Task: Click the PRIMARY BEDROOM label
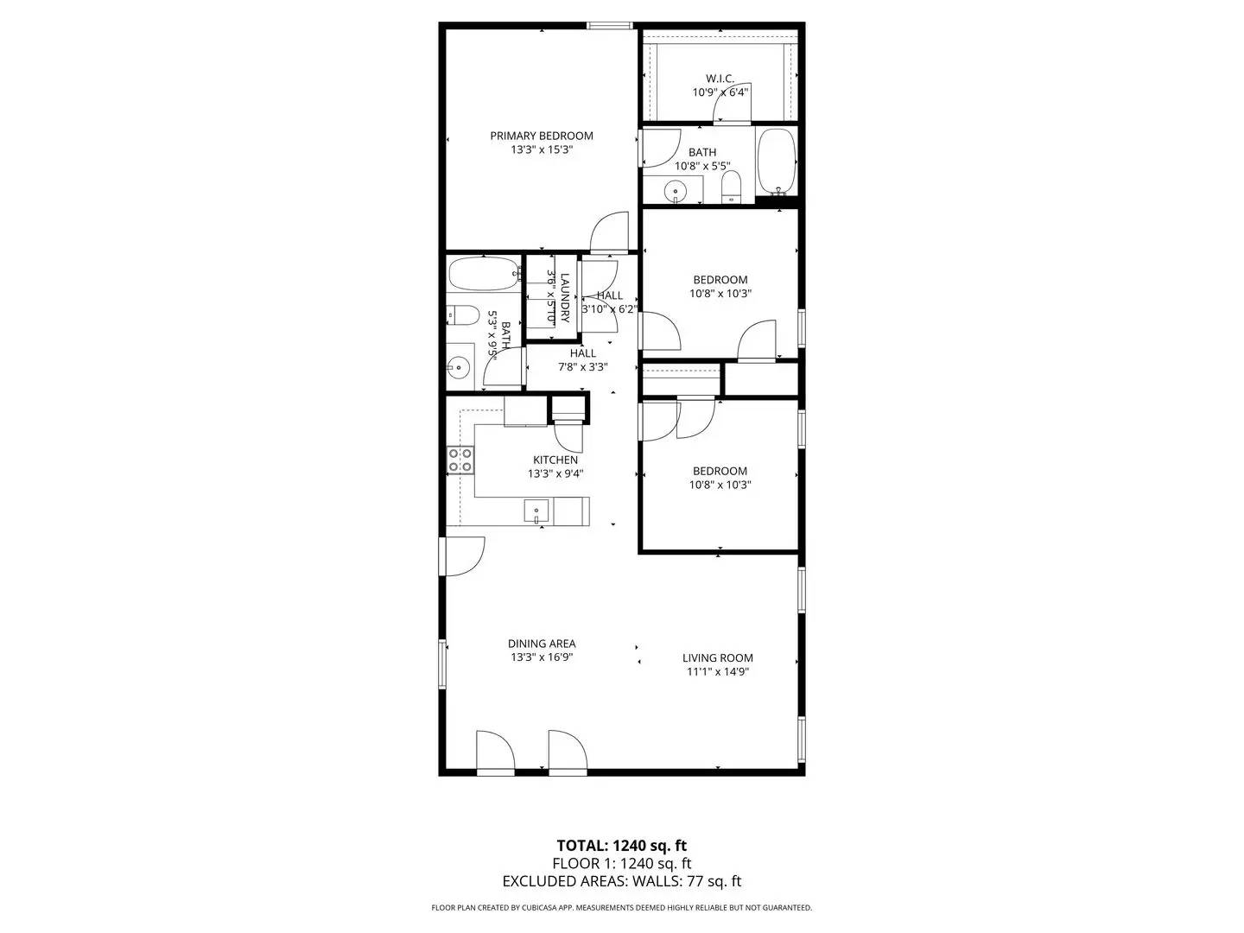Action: click(542, 136)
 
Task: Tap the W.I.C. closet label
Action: click(720, 79)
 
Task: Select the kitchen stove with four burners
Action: click(460, 460)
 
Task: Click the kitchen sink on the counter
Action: click(536, 511)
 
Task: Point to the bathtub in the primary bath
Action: click(776, 163)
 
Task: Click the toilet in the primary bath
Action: click(732, 185)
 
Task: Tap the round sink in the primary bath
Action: click(675, 189)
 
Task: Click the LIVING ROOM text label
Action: click(718, 657)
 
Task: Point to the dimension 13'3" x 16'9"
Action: click(542, 657)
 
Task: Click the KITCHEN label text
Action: click(555, 460)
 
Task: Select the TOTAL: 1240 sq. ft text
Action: click(621, 845)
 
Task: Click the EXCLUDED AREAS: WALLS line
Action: click(621, 881)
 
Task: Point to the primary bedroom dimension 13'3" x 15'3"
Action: click(542, 149)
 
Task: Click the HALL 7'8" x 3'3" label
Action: click(583, 359)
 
